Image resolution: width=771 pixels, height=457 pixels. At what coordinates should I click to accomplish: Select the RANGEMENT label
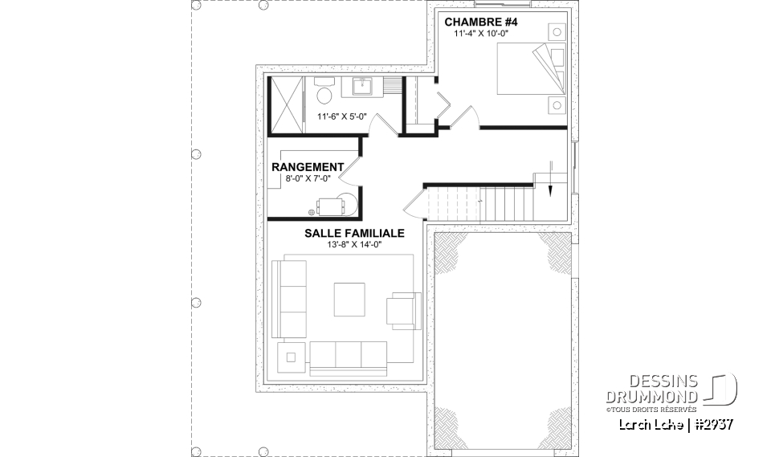pyautogui.click(x=308, y=167)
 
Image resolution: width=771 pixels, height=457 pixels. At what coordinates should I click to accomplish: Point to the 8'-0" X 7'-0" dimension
pyautogui.click(x=308, y=178)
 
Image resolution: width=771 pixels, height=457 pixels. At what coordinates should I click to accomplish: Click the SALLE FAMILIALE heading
pyautogui.click(x=353, y=233)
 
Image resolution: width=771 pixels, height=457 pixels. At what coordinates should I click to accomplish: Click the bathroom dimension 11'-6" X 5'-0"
pyautogui.click(x=342, y=116)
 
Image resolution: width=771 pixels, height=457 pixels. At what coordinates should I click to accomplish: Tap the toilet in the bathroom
pyautogui.click(x=325, y=95)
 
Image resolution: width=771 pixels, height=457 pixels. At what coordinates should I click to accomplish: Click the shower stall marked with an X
pyautogui.click(x=285, y=104)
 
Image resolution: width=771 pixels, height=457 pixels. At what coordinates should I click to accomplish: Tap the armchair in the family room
pyautogui.click(x=403, y=310)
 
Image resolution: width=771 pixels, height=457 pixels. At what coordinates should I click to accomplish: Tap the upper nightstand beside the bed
pyautogui.click(x=556, y=32)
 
